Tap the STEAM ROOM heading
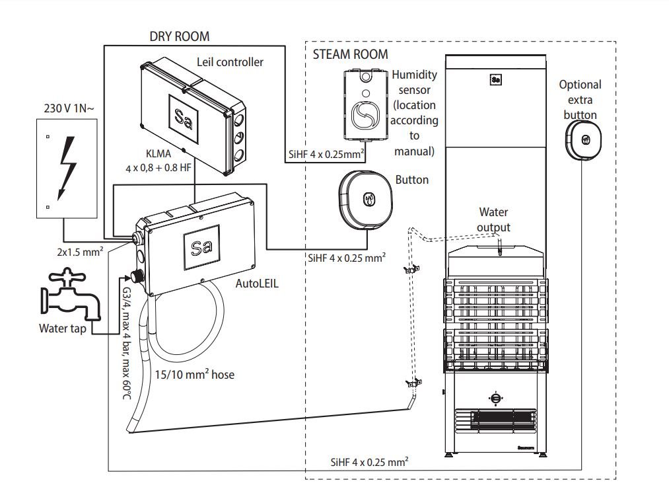point(351,54)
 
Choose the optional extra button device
point(583,141)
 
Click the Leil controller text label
point(230,62)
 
